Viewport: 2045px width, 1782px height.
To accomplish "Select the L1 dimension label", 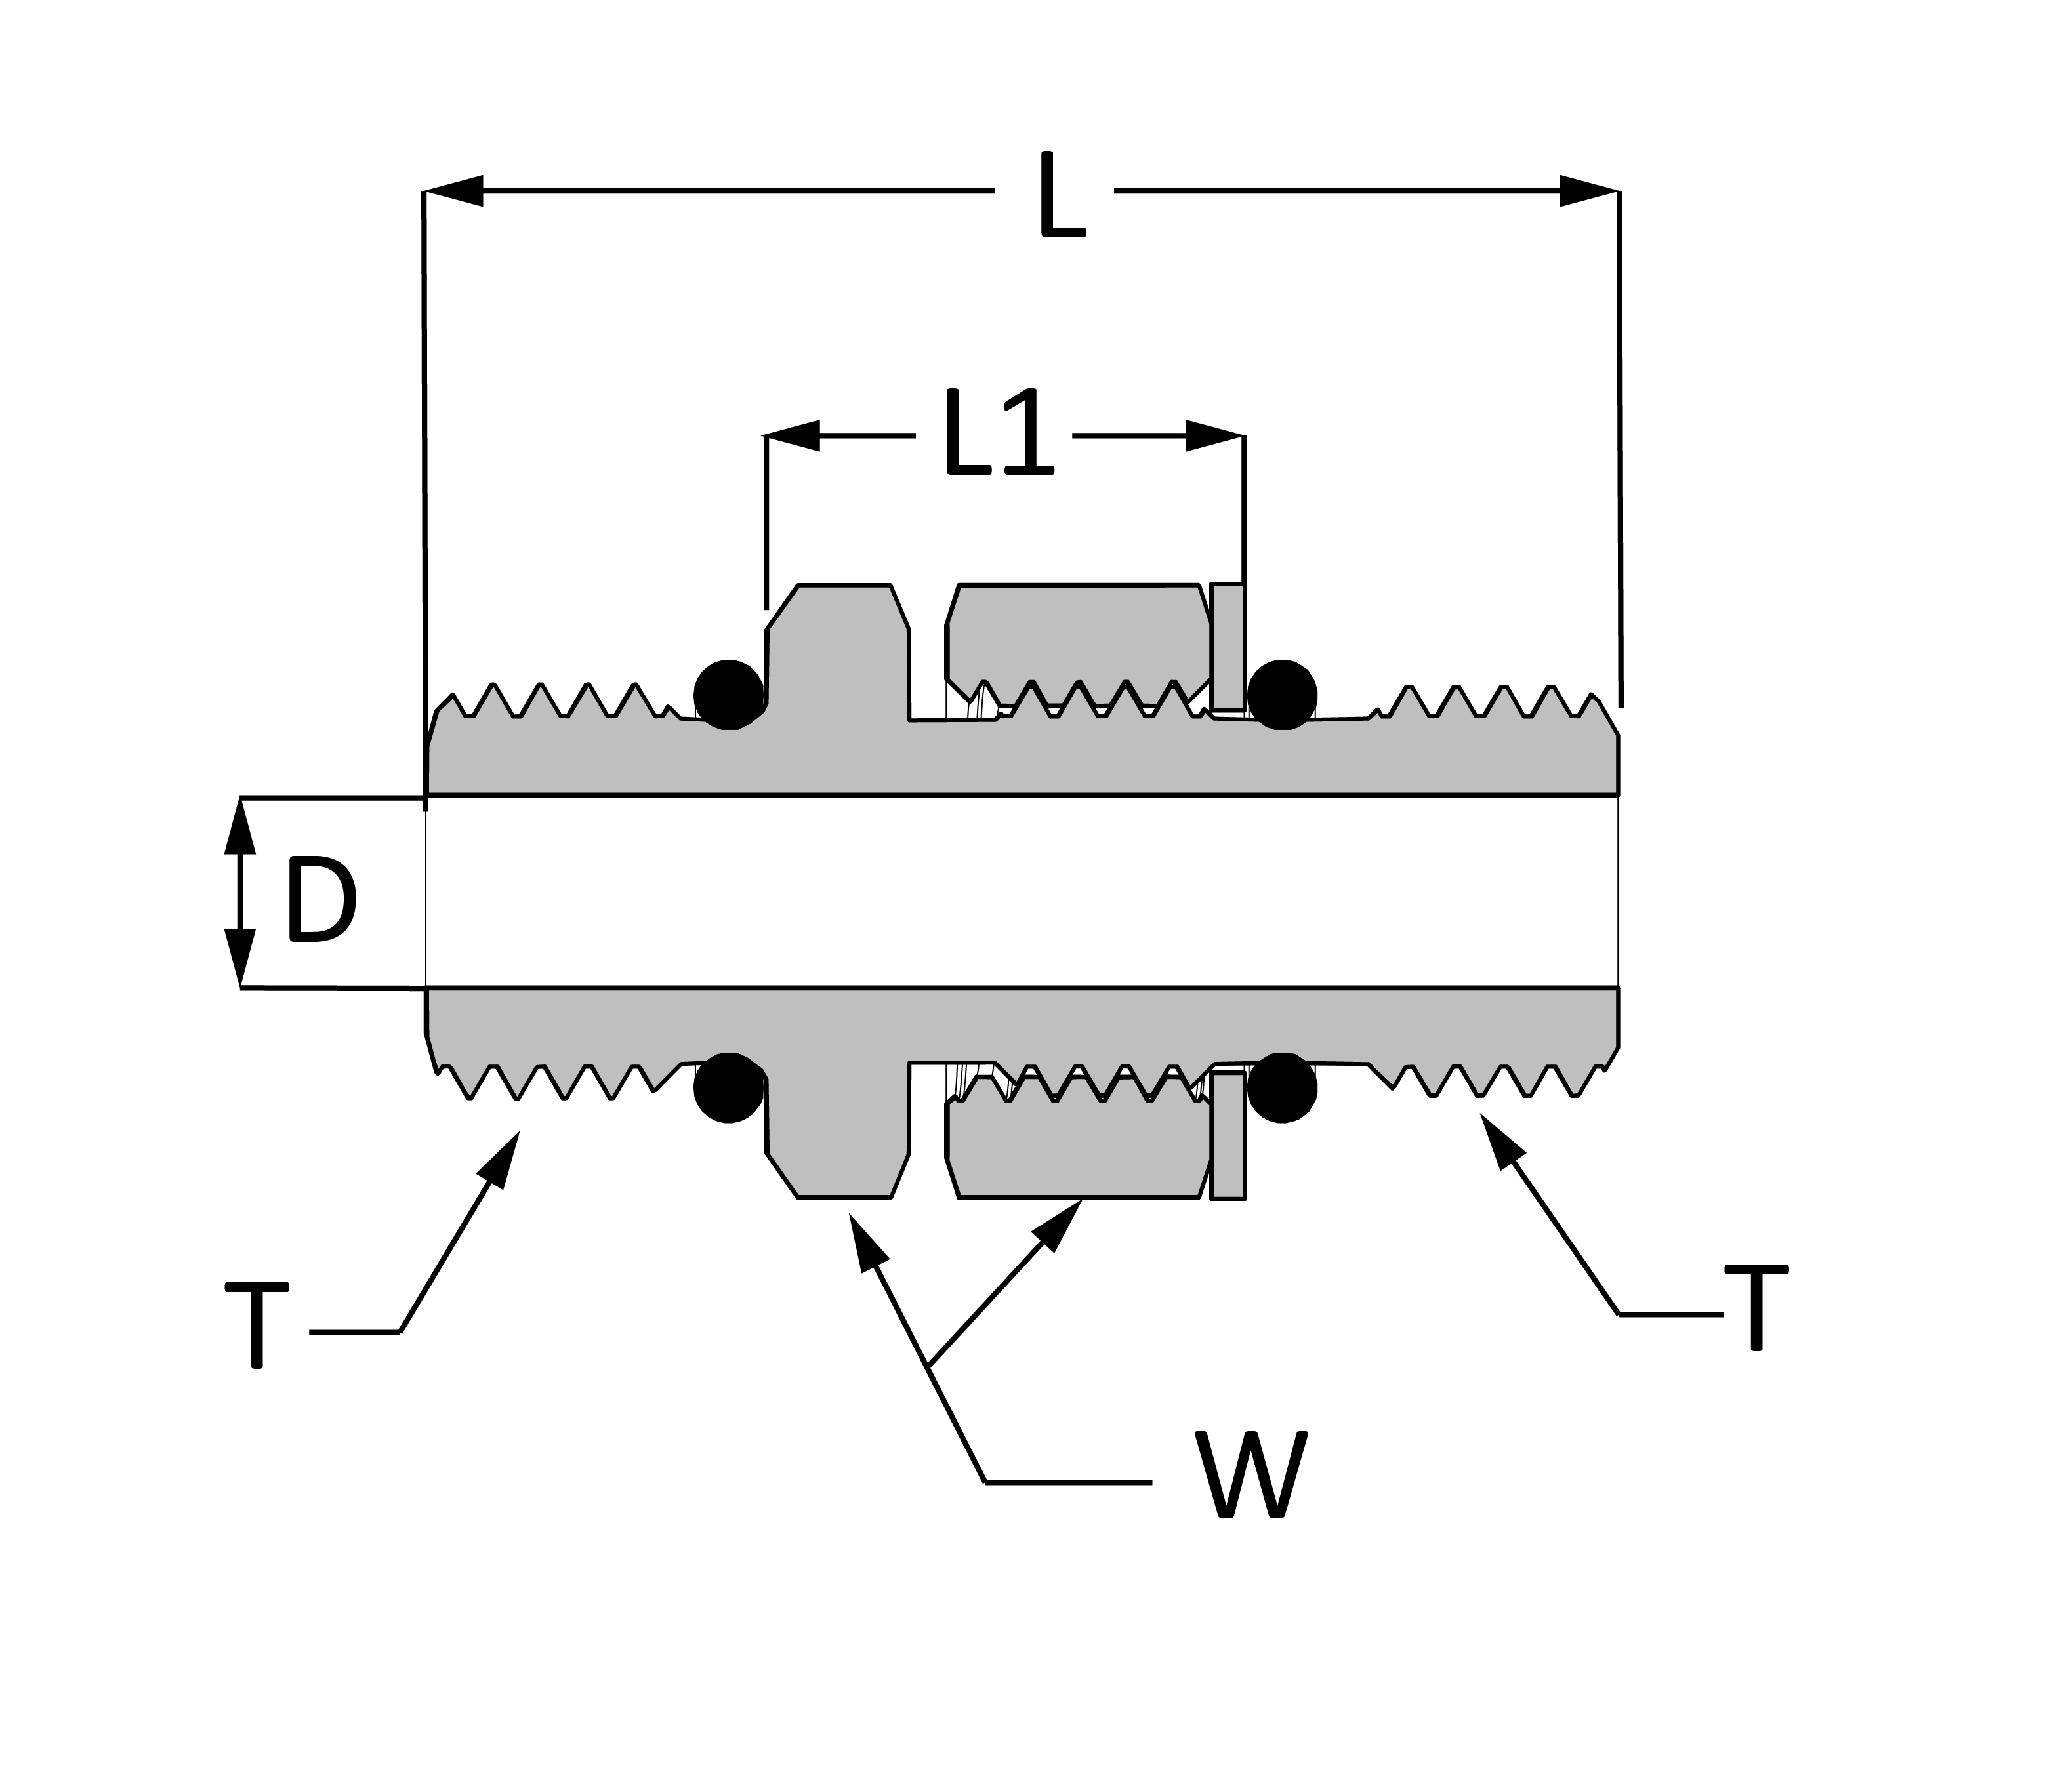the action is click(x=999, y=432).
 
